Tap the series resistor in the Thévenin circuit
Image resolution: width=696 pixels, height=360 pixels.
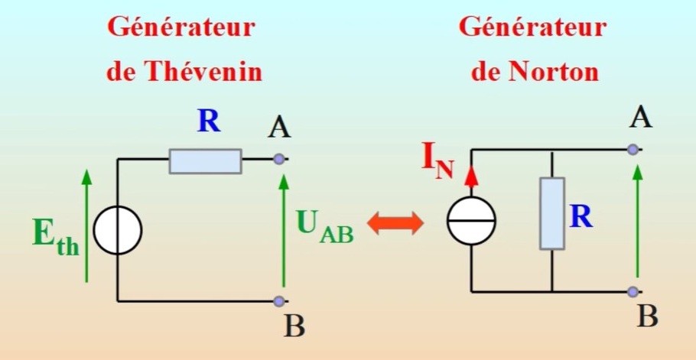tap(205, 161)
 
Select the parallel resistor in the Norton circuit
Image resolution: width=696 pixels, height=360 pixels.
tap(551, 213)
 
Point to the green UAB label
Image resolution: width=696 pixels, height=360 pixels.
tap(324, 225)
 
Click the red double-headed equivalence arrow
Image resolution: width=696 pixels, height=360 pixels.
tap(395, 222)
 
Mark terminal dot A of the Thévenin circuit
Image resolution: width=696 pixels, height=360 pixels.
tap(279, 159)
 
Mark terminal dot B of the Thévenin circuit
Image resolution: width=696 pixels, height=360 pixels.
tap(279, 301)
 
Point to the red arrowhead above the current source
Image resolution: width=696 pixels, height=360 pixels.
tap(472, 175)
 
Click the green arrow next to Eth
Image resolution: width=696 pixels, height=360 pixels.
tap(86, 225)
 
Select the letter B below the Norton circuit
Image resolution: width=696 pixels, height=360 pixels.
tap(647, 317)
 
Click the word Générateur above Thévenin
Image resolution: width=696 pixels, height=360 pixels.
tap(181, 28)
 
